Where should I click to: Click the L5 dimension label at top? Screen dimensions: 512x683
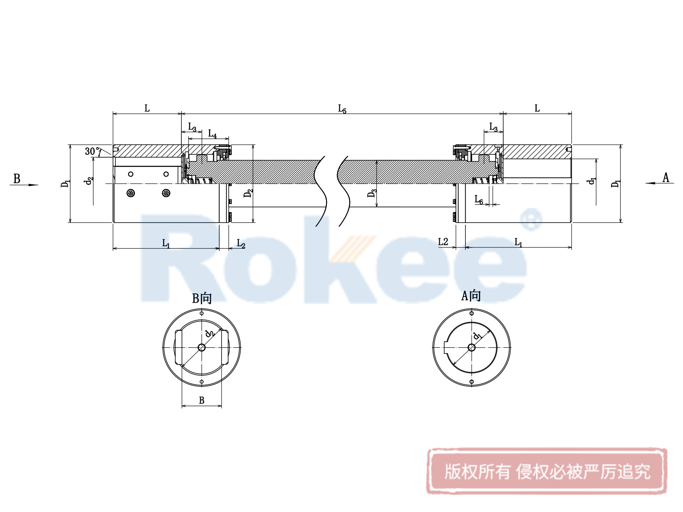coord(342,109)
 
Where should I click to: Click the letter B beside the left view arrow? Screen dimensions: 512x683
coord(17,179)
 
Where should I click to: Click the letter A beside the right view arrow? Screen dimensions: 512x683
coord(666,178)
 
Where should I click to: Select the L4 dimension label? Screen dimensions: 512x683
coord(212,134)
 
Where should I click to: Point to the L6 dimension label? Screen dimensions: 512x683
coord(479,200)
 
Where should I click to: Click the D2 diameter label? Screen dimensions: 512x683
coord(248,193)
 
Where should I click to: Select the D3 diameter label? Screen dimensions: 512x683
coord(372,193)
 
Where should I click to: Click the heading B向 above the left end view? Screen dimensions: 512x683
coord(202,298)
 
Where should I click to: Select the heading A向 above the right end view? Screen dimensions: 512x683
coord(471,296)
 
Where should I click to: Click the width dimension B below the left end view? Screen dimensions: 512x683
coord(202,401)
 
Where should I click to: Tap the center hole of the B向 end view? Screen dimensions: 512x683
coord(202,347)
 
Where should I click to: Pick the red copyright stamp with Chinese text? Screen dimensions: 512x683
coord(547,471)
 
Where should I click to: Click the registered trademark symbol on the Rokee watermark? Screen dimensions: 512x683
coord(531,219)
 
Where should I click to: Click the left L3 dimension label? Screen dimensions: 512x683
coord(192,127)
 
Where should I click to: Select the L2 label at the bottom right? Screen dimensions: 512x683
coord(443,242)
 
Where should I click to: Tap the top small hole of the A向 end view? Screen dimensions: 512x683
coord(472,313)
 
